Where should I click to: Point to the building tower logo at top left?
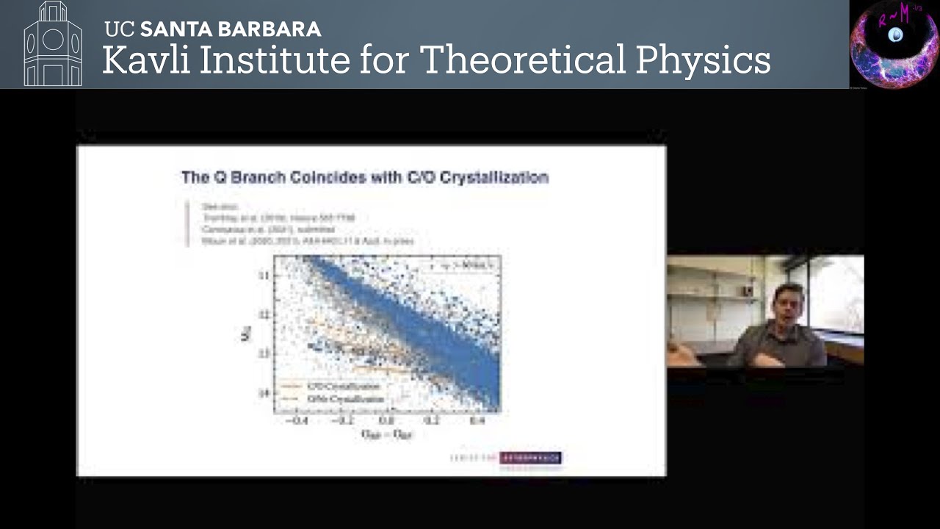[53, 44]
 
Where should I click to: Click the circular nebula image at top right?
[894, 44]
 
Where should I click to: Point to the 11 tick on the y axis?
[264, 275]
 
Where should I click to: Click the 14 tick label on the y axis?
[264, 393]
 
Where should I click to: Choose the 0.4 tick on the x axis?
[477, 421]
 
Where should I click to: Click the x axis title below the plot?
[386, 435]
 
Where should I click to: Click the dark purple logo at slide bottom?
[530, 458]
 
